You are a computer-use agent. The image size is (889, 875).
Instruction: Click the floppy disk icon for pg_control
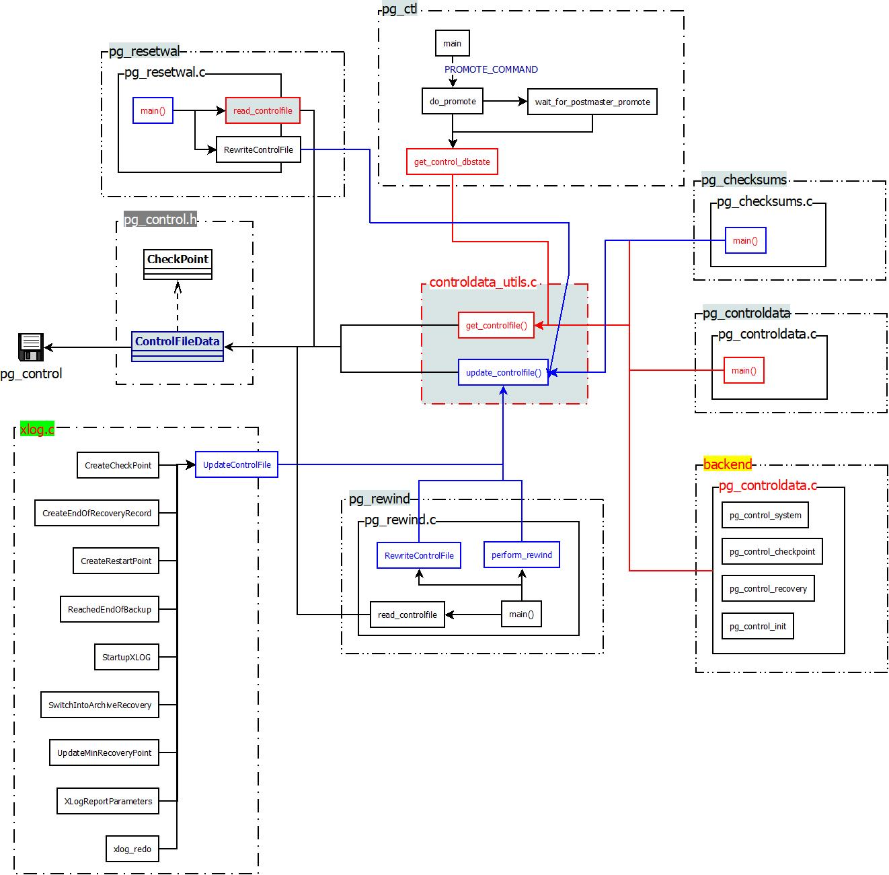(x=30, y=347)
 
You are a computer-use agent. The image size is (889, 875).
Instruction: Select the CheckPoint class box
(x=178, y=265)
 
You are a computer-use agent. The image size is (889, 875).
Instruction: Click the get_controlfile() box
(x=496, y=325)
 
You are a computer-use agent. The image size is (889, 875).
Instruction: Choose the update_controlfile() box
(x=503, y=372)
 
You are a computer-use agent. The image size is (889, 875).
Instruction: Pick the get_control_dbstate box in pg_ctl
(x=452, y=162)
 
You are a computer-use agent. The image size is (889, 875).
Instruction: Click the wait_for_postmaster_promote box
(x=592, y=102)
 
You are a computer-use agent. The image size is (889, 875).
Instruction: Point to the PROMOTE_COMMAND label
(x=491, y=69)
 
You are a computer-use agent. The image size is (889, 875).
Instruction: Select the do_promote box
(x=453, y=102)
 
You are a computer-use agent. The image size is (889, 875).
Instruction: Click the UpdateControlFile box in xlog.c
(x=237, y=464)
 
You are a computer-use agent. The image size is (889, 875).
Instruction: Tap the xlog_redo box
(x=132, y=849)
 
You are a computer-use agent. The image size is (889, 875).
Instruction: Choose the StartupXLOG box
(x=126, y=657)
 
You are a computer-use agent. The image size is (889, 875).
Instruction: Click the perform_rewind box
(x=521, y=555)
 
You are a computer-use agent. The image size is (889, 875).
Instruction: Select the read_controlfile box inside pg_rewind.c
(x=407, y=615)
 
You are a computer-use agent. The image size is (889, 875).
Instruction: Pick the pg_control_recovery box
(x=768, y=588)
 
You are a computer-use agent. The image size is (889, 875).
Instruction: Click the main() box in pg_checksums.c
(x=745, y=240)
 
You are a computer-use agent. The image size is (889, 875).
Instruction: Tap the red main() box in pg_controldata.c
(x=744, y=370)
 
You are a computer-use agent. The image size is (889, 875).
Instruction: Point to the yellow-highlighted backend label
(x=727, y=464)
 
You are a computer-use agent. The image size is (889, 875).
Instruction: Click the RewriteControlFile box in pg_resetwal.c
(x=258, y=149)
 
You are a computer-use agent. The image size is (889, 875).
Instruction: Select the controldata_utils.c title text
(x=483, y=282)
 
